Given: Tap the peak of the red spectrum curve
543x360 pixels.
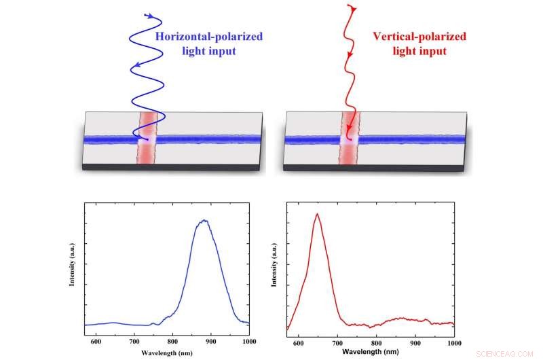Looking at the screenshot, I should point(316,215).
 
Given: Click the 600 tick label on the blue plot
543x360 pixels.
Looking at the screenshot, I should point(95,341).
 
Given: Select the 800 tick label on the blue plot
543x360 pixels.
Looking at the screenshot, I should point(172,341).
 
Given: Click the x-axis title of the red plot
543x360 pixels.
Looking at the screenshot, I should point(371,353).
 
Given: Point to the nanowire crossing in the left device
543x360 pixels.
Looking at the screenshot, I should point(147,140).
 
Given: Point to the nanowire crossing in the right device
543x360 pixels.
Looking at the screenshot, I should point(349,140).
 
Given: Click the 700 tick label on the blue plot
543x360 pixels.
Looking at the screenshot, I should point(134,341).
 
